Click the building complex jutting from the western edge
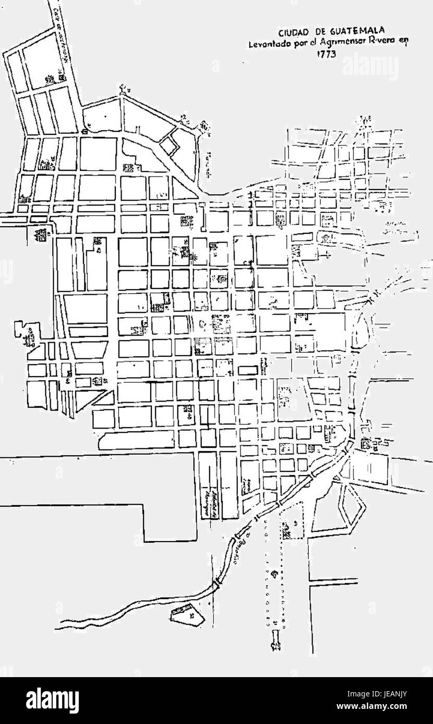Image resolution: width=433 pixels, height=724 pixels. click(x=26, y=333)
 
